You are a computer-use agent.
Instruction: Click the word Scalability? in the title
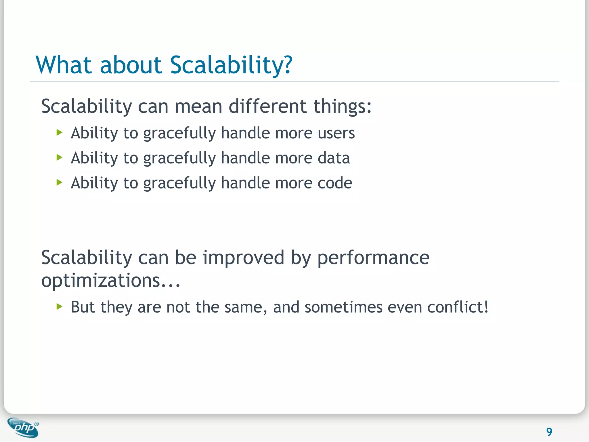tap(231, 65)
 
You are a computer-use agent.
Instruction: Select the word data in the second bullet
tap(334, 158)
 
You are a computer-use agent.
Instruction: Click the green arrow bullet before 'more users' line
tap(60, 133)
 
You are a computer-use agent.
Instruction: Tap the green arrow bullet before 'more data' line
tap(60, 157)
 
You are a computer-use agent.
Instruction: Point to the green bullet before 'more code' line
tap(60, 182)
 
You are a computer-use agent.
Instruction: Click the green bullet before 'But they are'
tap(60, 306)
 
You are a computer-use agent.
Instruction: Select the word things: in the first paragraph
tap(342, 106)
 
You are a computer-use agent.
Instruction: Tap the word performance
tap(373, 258)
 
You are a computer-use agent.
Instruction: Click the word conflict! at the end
tap(458, 307)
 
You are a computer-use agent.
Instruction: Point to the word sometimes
tap(343, 307)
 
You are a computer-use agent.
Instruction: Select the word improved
tap(244, 258)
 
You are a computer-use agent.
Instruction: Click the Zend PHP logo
tap(23, 428)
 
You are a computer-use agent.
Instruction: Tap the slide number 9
tap(549, 432)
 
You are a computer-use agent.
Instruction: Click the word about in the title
tap(131, 65)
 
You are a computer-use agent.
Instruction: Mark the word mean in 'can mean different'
tap(198, 106)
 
